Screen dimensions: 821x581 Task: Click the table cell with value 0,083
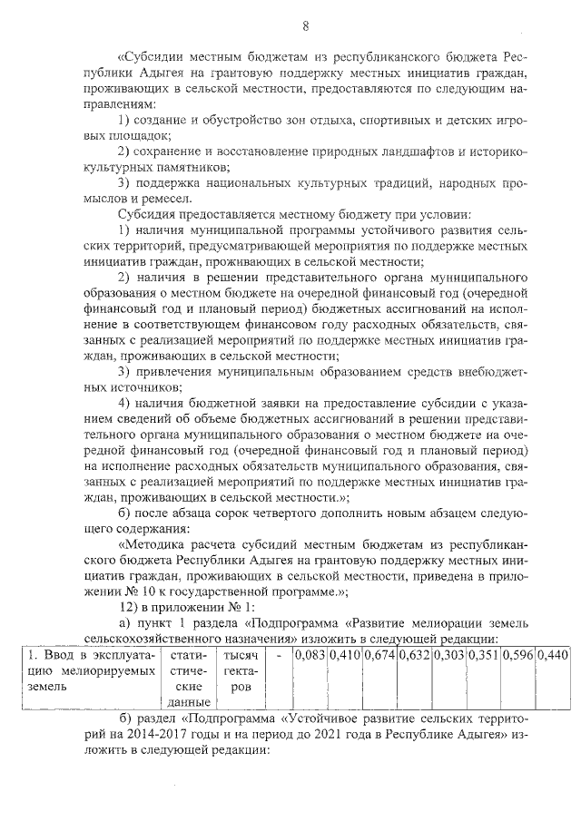tap(310, 654)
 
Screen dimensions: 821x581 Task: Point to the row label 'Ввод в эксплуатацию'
tap(90, 654)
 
